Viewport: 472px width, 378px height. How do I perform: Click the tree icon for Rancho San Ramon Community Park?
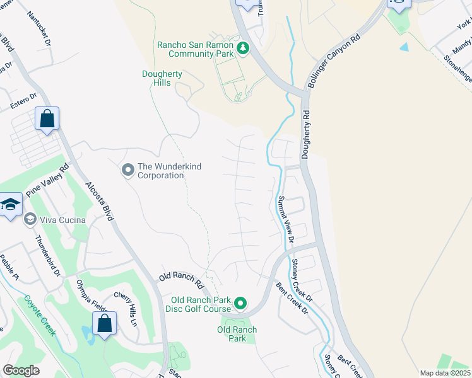[x=242, y=48]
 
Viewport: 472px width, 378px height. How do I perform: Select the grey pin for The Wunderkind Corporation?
[x=127, y=170]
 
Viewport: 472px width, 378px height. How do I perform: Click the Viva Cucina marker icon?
[x=30, y=219]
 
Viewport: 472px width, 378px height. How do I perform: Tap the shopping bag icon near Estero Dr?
[x=47, y=118]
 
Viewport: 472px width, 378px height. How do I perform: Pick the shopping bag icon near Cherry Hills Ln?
[x=104, y=323]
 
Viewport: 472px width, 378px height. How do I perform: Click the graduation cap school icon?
[x=11, y=204]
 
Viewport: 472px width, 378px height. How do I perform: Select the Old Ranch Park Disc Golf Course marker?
[x=240, y=304]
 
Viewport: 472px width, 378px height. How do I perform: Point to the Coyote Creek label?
[x=37, y=315]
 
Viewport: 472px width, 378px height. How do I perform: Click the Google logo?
[x=21, y=370]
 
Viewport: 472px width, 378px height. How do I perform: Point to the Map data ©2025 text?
[x=444, y=373]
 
